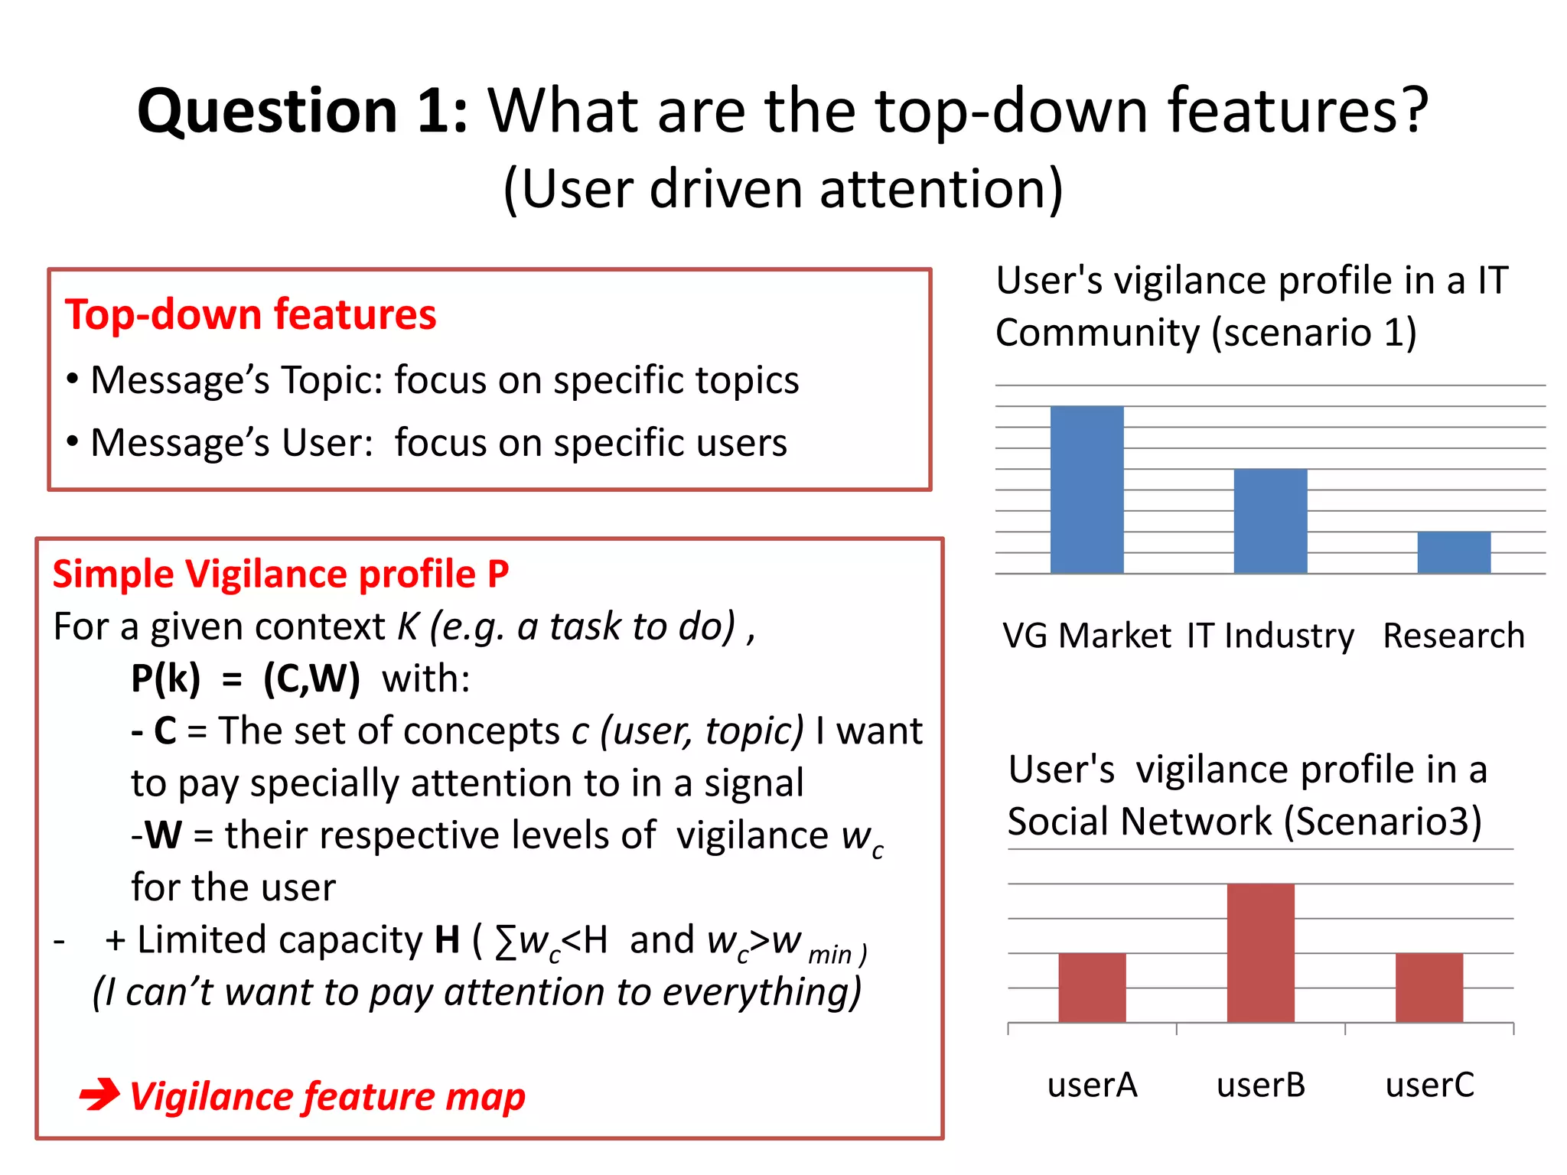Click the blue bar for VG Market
[1086, 490]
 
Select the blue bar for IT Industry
[1270, 521]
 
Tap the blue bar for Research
[1454, 552]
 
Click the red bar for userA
[1092, 987]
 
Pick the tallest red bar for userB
[1260, 952]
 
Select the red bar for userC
[1429, 987]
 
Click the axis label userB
[1260, 1085]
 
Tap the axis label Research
[1453, 636]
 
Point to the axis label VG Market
[1086, 636]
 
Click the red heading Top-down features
[250, 314]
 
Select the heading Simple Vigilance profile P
[280, 574]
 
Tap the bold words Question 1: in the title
[302, 111]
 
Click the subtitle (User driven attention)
[783, 189]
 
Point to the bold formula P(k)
[165, 679]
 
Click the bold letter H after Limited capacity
[447, 939]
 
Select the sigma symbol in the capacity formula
[505, 941]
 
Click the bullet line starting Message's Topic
[432, 380]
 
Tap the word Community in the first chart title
[1098, 333]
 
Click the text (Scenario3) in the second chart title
[1382, 822]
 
